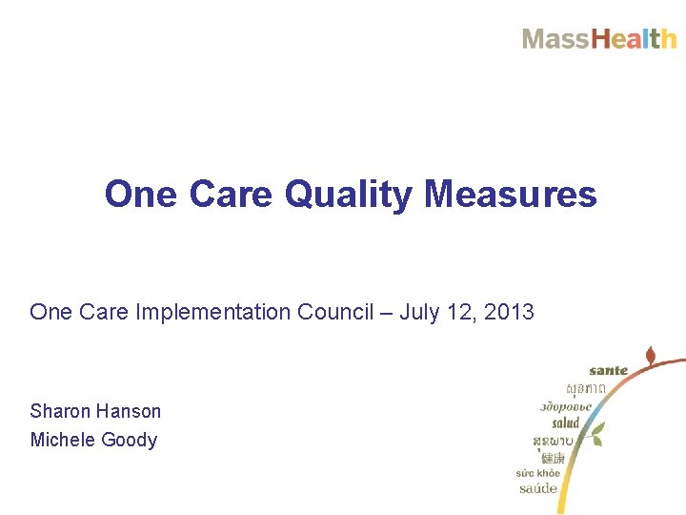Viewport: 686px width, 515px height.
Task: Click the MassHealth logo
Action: coord(598,39)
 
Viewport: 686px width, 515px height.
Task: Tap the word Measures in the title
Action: coord(511,194)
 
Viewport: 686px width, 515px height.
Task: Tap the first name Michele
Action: coord(59,440)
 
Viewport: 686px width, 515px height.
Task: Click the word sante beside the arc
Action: coord(608,370)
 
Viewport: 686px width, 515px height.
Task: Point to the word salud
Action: coord(565,422)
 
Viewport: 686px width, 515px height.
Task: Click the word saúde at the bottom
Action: coord(538,488)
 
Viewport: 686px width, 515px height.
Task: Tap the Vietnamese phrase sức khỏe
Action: coord(538,472)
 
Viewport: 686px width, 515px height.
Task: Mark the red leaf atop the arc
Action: coord(651,358)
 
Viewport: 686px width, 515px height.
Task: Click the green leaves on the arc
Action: coord(595,435)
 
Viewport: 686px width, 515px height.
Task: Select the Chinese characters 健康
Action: coord(553,458)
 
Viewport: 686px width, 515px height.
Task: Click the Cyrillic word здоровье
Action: coord(565,406)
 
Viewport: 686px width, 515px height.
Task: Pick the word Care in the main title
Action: coord(232,194)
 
